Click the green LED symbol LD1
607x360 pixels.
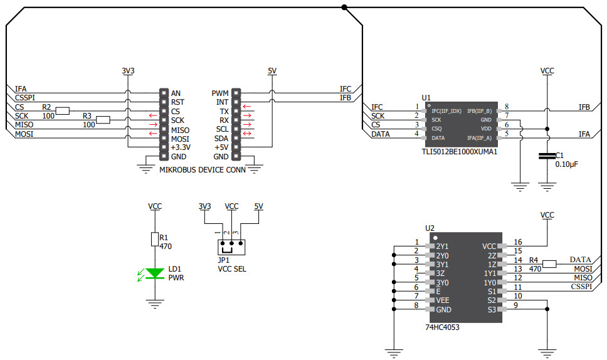click(154, 273)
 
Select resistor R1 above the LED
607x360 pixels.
click(154, 239)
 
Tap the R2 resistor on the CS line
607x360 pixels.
click(63, 111)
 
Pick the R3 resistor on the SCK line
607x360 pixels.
click(103, 120)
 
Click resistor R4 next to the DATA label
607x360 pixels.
click(550, 264)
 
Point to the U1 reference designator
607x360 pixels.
click(426, 97)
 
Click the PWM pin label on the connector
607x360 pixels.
click(220, 93)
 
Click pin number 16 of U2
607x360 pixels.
click(517, 242)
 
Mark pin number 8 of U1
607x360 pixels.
click(506, 107)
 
